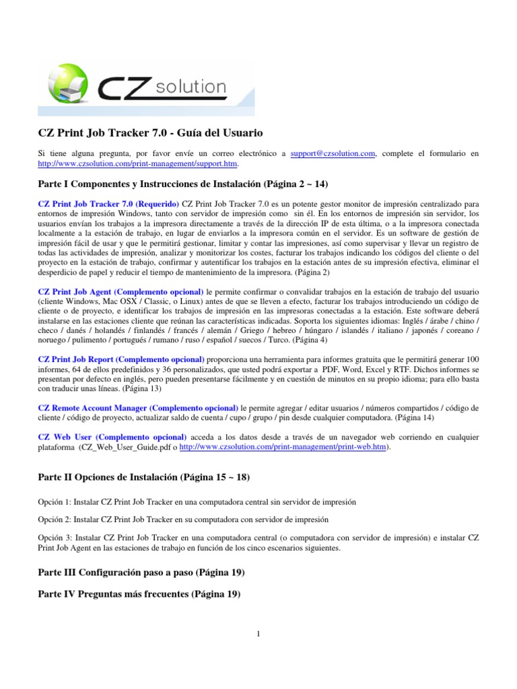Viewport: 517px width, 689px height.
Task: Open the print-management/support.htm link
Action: pyautogui.click(x=138, y=164)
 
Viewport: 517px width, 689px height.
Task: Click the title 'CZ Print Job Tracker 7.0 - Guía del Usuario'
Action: pyautogui.click(x=150, y=133)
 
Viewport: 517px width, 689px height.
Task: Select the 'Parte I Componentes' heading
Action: pyautogui.click(x=181, y=184)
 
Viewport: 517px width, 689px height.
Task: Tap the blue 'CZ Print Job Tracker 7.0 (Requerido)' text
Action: pyautogui.click(x=108, y=204)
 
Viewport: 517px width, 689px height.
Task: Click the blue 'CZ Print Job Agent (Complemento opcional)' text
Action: pyautogui.click(x=120, y=292)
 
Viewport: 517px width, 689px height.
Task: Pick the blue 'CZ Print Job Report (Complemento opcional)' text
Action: pyautogui.click(x=121, y=360)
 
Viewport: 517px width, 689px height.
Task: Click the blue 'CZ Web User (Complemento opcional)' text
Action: pyautogui.click(x=112, y=437)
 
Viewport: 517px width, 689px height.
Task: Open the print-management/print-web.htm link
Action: pyautogui.click(x=281, y=447)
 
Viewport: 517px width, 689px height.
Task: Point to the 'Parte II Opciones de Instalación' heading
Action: pyautogui.click(x=143, y=477)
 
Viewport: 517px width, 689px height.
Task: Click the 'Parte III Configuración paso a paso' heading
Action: pyautogui.click(x=141, y=573)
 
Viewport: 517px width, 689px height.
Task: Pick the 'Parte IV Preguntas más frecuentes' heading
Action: pyautogui.click(x=139, y=594)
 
